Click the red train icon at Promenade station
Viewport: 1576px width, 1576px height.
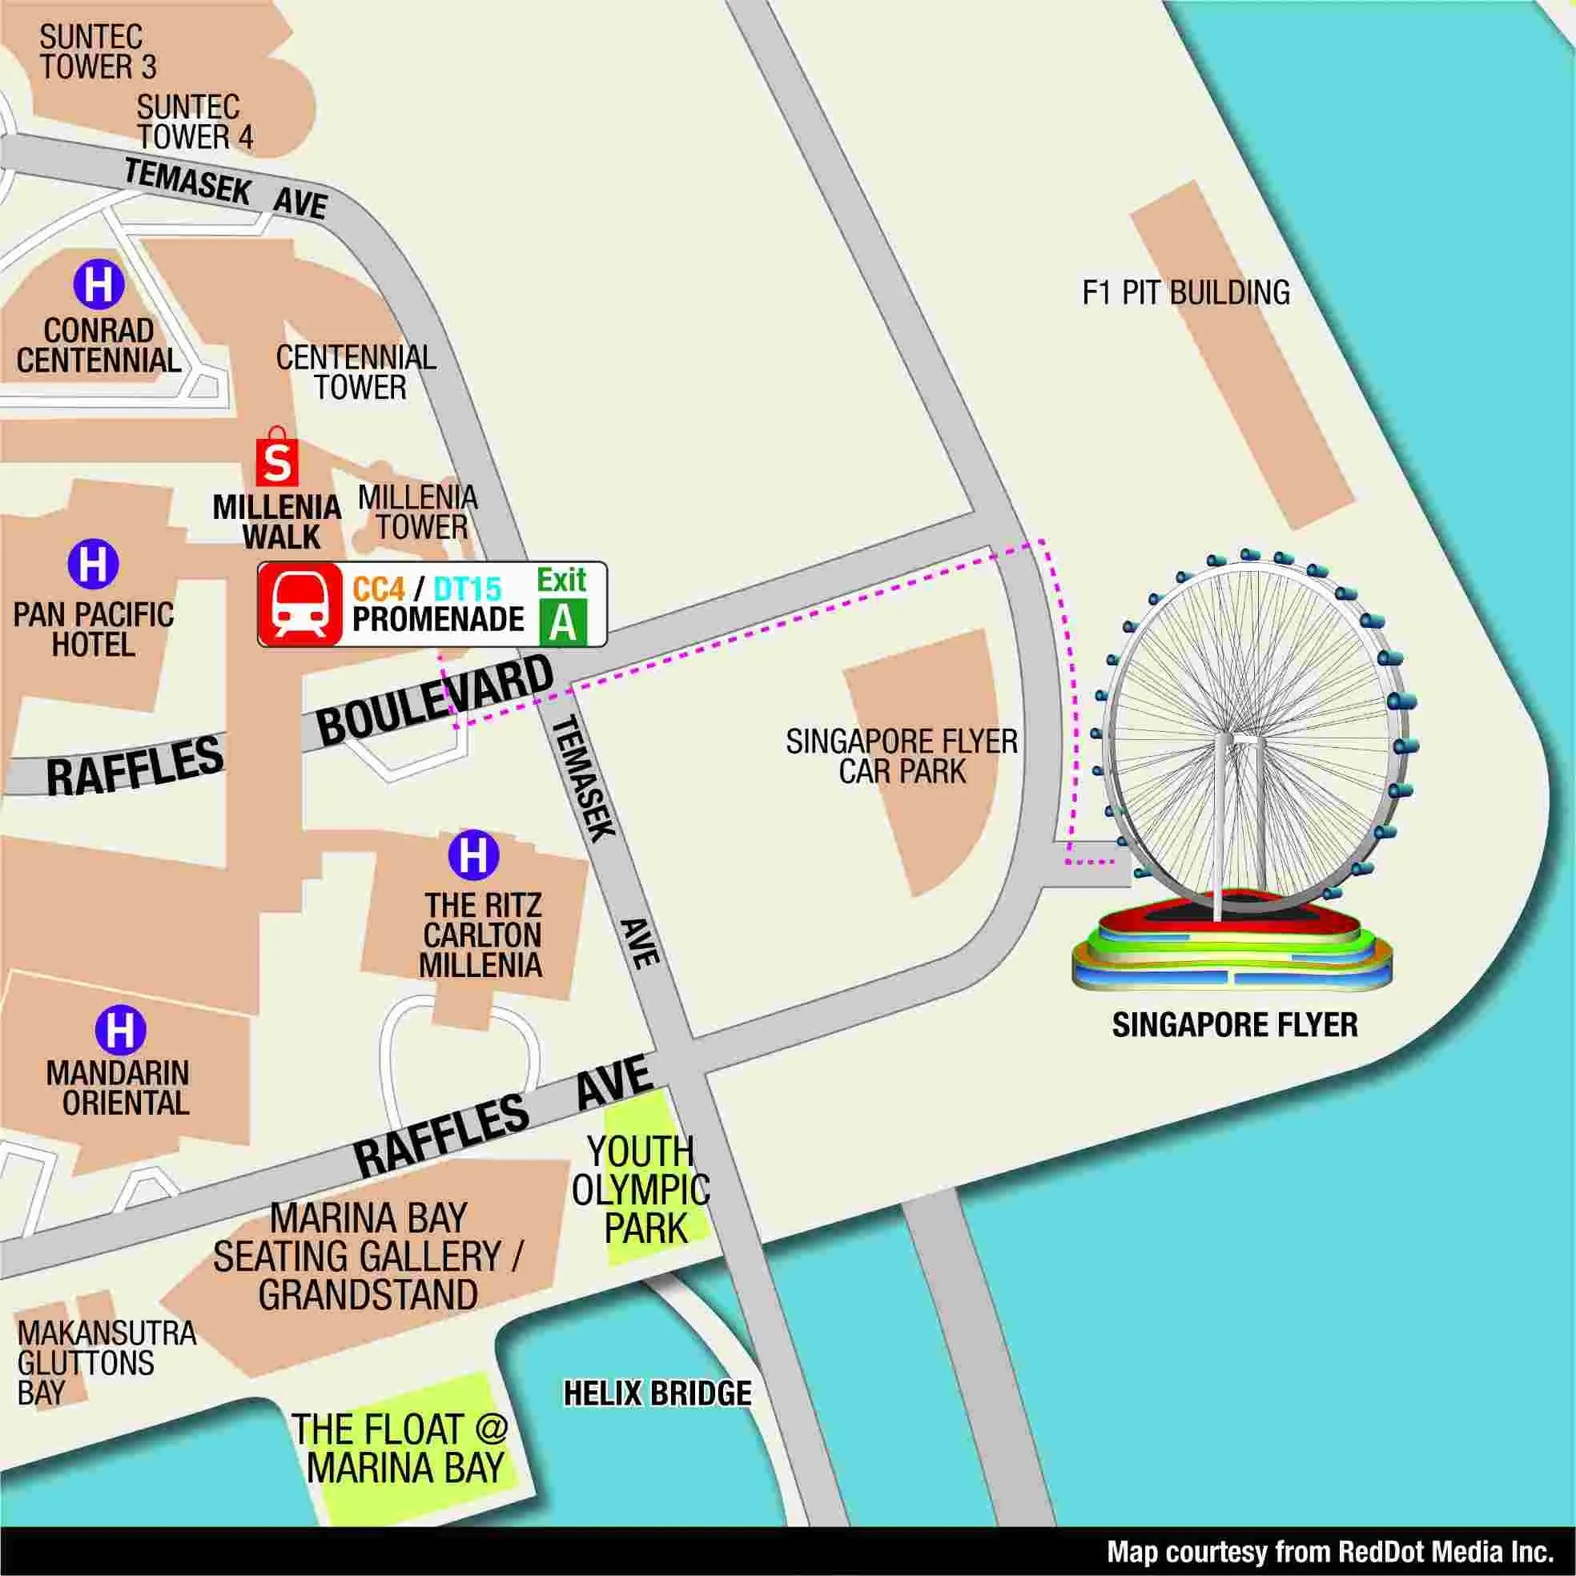pos(300,605)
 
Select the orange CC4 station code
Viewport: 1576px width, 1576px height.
pos(379,589)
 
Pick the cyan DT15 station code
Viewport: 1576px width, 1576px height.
pos(468,589)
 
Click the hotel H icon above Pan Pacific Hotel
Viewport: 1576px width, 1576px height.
pos(93,565)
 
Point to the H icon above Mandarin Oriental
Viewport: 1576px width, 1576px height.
pos(121,1031)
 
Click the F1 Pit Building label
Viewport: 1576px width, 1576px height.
pos(1185,293)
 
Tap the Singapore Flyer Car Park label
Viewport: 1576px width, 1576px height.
pos(902,756)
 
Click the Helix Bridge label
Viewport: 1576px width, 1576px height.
pos(657,1393)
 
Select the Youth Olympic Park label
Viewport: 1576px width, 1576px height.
pos(641,1190)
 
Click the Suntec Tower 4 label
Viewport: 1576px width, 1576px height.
pos(193,123)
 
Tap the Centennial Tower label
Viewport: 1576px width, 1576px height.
pos(356,372)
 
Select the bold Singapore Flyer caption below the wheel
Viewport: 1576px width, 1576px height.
pos(1235,1025)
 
